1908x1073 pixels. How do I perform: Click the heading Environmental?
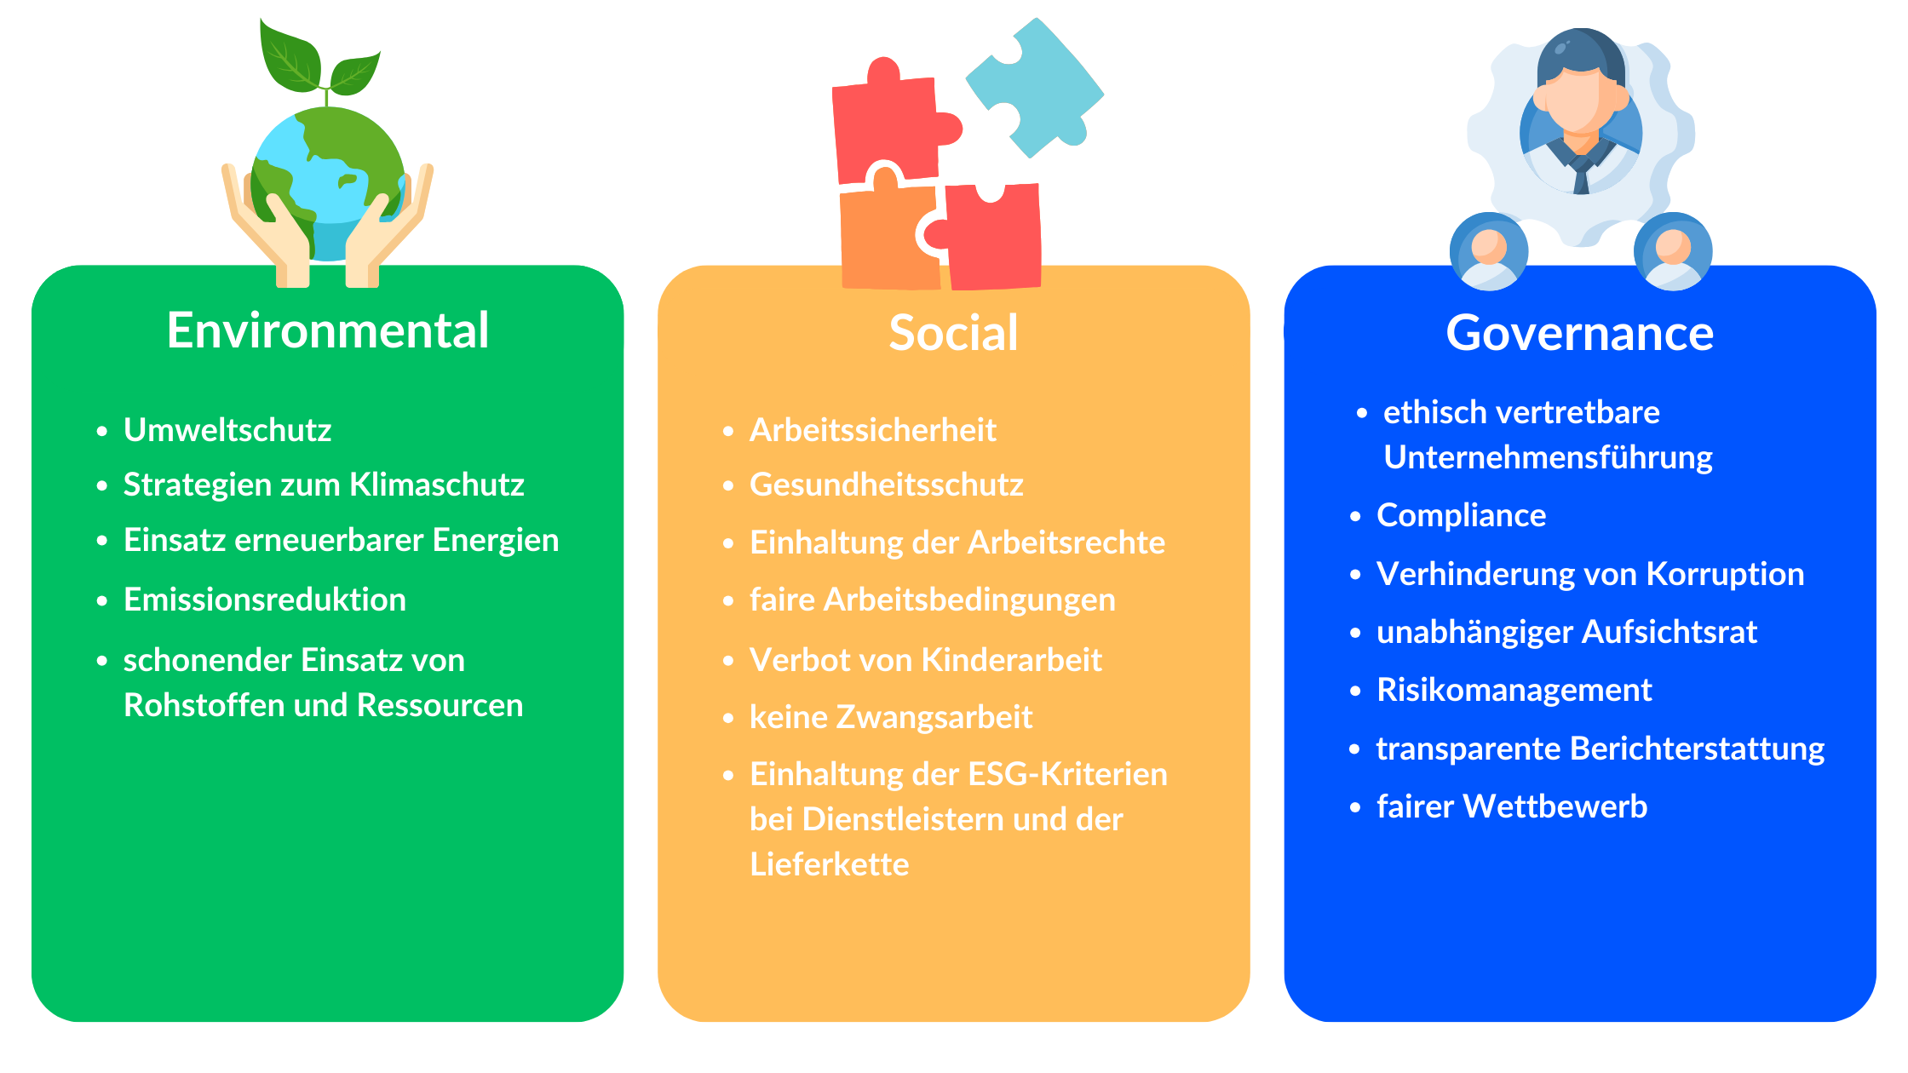(x=328, y=330)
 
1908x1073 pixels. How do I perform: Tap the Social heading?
(x=953, y=333)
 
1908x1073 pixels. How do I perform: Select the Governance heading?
(x=1580, y=333)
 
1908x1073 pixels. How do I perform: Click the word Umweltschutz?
(x=227, y=430)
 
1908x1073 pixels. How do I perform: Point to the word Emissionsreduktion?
(x=265, y=600)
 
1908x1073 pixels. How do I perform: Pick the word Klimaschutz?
(x=437, y=485)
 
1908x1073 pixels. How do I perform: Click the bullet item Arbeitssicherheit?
(x=873, y=430)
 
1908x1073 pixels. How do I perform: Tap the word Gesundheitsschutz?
(x=887, y=485)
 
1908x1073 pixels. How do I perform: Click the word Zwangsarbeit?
(x=934, y=717)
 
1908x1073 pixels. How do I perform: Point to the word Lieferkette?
(x=830, y=864)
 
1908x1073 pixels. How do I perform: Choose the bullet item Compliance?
(x=1462, y=515)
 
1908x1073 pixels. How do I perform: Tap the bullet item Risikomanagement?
(x=1514, y=690)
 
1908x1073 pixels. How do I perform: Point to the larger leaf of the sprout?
(x=290, y=55)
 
